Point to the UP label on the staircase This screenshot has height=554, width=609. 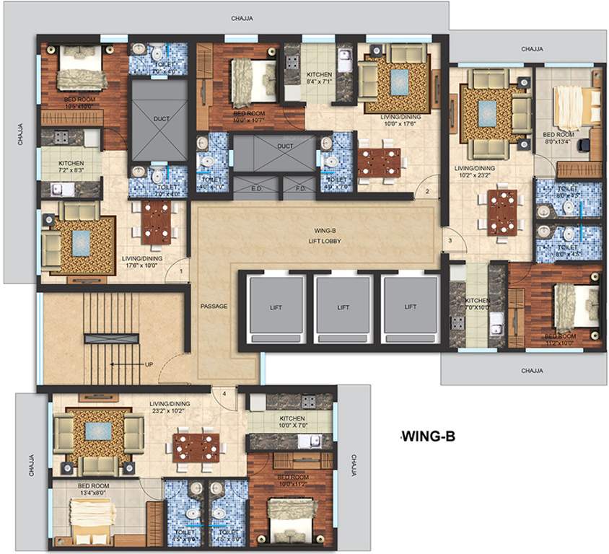click(149, 364)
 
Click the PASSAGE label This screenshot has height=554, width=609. click(214, 307)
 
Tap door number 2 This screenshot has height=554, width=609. click(427, 192)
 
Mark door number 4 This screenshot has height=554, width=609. click(224, 394)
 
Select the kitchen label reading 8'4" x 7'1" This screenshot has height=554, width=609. click(319, 79)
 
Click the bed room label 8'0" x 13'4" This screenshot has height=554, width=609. click(558, 138)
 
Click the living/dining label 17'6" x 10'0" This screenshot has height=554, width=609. click(142, 262)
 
